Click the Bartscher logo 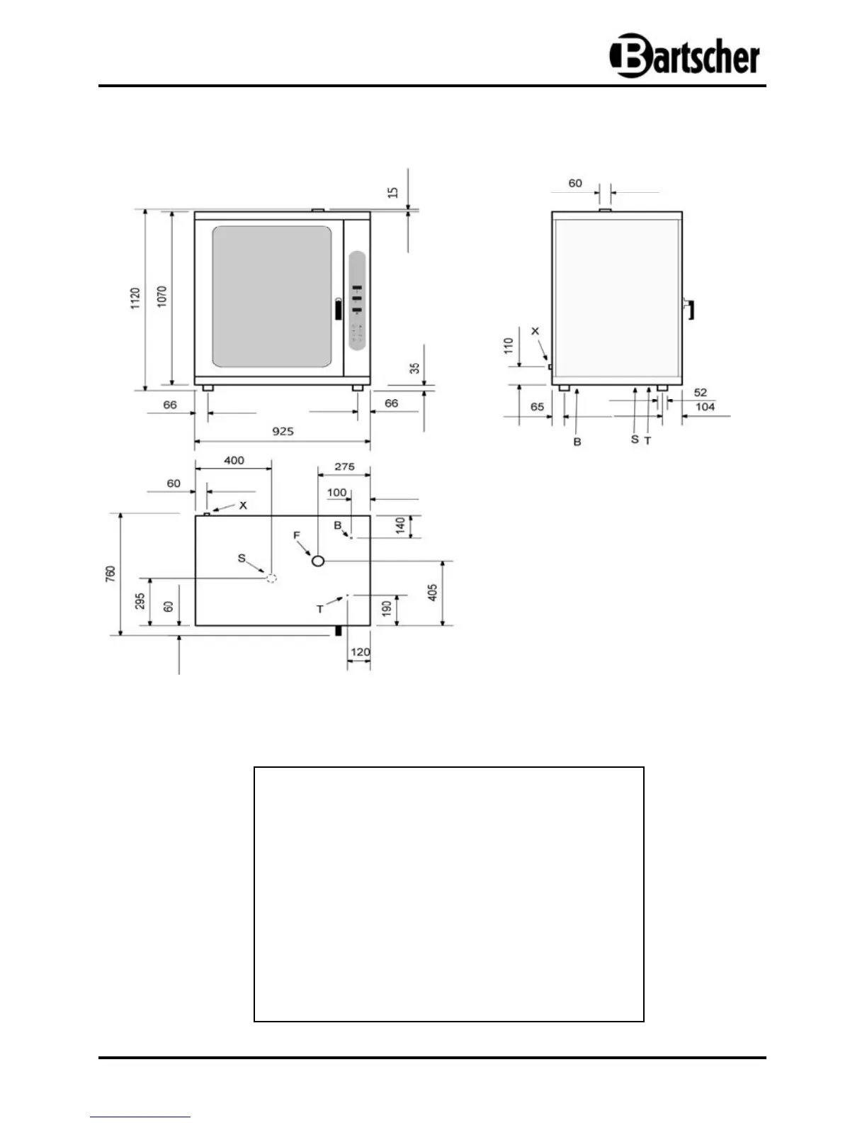tap(684, 55)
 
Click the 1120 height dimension tap(135, 298)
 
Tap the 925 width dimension tap(283, 431)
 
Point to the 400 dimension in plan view tap(234, 460)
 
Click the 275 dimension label tap(344, 466)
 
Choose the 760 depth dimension tap(111, 574)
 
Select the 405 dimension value tap(433, 593)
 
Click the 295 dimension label tap(140, 601)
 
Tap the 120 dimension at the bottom tap(360, 652)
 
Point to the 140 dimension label tap(400, 526)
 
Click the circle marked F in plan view tap(318, 561)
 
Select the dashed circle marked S tap(271, 579)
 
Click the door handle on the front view tap(337, 310)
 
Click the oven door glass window tap(272, 297)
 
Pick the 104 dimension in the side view tap(705, 407)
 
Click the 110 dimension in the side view tap(508, 346)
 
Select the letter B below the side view tap(577, 442)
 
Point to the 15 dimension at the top tap(394, 192)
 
